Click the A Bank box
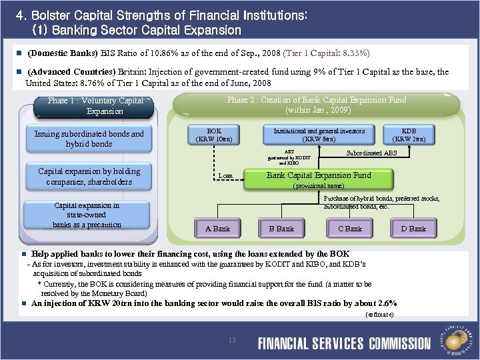(217, 228)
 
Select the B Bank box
(281, 228)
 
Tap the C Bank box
(350, 228)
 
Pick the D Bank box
(413, 228)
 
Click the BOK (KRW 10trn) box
(214, 135)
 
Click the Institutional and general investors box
(319, 135)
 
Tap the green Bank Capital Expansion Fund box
(319, 179)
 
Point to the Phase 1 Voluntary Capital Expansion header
(95, 105)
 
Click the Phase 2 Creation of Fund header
(316, 105)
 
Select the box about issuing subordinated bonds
(89, 139)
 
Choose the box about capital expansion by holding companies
(89, 177)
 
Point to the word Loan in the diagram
(225, 176)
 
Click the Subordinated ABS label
(371, 153)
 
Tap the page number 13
(232, 341)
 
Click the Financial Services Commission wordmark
(344, 343)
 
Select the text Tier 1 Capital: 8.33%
(327, 53)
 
